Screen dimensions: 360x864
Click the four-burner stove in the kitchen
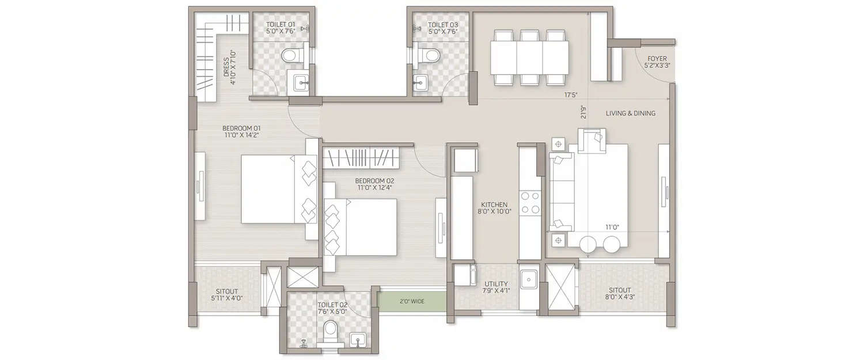530,203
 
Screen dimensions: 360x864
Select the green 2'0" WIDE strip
412,301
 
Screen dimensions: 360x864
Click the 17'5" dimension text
571,94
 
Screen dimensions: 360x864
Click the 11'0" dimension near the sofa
611,227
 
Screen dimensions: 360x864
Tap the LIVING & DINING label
630,113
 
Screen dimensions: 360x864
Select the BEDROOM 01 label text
242,132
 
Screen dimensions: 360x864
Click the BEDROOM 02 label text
374,184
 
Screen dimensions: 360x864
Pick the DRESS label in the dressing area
230,67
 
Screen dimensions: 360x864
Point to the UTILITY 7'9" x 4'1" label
495,287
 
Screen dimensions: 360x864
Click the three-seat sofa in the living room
560,192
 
